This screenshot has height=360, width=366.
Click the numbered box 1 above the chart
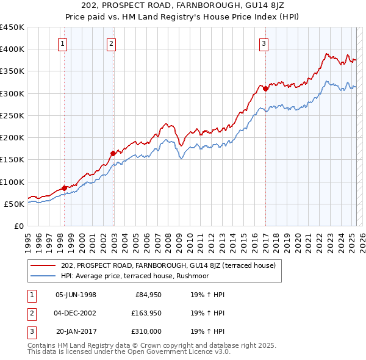click(63, 43)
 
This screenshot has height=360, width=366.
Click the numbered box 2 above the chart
click(112, 43)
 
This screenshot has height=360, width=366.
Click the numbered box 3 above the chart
click(264, 43)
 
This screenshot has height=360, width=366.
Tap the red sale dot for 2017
click(266, 89)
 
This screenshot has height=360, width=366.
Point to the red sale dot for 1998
click(65, 188)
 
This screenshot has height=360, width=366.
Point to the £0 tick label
click(18, 226)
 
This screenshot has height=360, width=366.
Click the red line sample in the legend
click(43, 265)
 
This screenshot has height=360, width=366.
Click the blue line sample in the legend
click(43, 276)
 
